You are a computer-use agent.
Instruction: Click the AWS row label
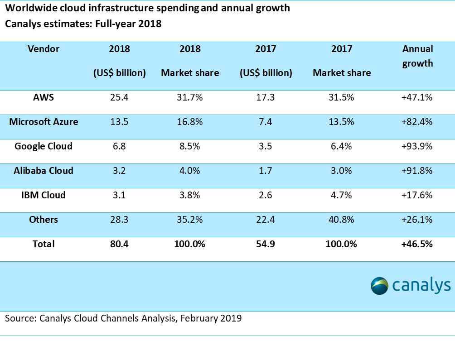coord(43,97)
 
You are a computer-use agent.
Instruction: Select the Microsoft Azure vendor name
coord(43,121)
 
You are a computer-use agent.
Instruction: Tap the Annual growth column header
coord(417,56)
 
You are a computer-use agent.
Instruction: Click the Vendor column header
coord(43,48)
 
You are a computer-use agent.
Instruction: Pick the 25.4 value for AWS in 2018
coord(119,97)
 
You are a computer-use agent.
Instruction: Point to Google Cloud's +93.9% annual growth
coord(417,146)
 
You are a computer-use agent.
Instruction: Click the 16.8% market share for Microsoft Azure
coord(189,121)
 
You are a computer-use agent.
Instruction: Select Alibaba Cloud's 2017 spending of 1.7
coord(265,171)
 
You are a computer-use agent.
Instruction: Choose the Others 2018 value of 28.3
coord(119,220)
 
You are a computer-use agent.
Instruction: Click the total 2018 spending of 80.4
coord(119,244)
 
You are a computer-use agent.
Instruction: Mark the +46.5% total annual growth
coord(417,244)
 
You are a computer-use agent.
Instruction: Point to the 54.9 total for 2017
coord(265,244)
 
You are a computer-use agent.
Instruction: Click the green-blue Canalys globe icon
coord(379,286)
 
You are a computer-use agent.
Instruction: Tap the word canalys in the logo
coord(421,286)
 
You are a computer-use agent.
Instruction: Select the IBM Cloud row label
coord(43,195)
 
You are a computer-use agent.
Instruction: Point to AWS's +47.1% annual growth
coord(417,97)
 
